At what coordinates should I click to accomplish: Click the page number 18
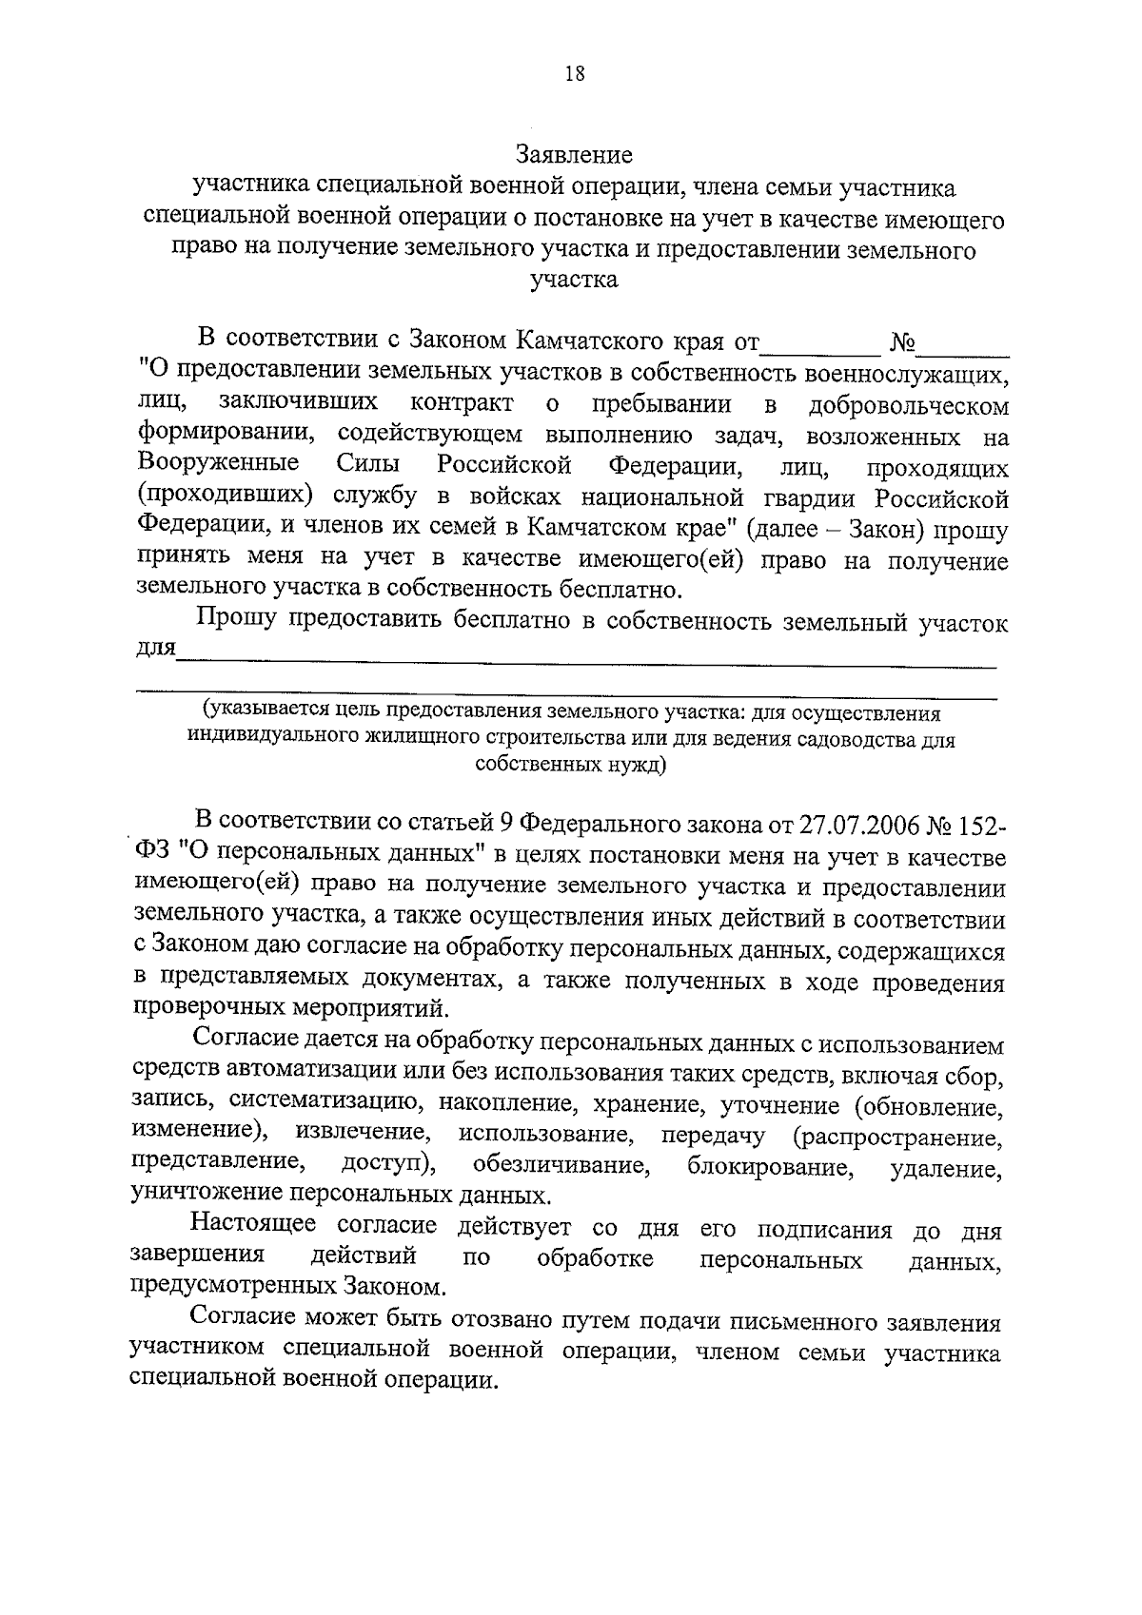tap(574, 75)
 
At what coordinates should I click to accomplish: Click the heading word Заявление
tap(574, 153)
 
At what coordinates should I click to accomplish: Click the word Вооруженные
tap(218, 464)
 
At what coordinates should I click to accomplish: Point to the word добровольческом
tap(908, 406)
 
